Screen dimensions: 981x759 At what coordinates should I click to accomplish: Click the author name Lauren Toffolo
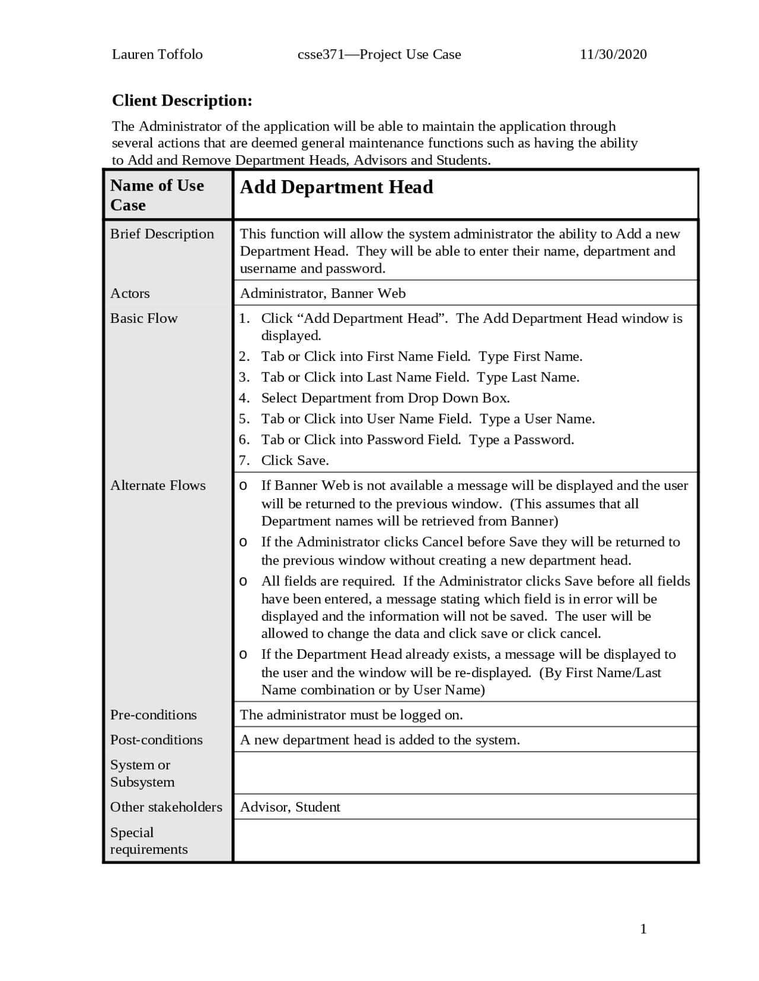click(157, 54)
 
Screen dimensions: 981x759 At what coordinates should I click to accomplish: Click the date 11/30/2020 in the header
click(613, 54)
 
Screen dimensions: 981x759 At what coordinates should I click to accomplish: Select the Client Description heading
click(182, 101)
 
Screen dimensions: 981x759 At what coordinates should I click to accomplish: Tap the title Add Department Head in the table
click(336, 187)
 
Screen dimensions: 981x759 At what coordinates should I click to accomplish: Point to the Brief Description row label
click(162, 234)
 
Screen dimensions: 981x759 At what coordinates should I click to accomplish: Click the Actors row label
click(130, 293)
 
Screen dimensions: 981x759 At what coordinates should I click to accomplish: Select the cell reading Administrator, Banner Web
click(323, 293)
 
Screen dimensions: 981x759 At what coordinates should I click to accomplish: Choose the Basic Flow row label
click(143, 318)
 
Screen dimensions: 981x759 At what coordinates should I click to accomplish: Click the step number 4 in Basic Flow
click(244, 398)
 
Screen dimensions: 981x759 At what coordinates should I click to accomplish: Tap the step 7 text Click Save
click(295, 460)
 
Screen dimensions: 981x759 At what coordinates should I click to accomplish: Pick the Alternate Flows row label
click(158, 485)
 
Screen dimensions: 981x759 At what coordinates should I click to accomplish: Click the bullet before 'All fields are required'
click(243, 581)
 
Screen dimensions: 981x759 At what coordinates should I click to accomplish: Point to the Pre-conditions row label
click(153, 715)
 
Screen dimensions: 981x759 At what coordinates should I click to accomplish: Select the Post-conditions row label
click(156, 740)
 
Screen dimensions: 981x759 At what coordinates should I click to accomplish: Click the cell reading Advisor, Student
click(290, 807)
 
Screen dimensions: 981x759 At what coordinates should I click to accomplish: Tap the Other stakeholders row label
click(166, 807)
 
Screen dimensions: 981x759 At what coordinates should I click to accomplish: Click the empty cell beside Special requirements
click(465, 841)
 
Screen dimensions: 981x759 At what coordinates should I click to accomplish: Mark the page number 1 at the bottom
click(643, 929)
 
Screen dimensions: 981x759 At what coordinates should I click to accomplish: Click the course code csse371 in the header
click(321, 54)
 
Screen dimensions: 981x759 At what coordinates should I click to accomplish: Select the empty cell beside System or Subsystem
click(465, 773)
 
